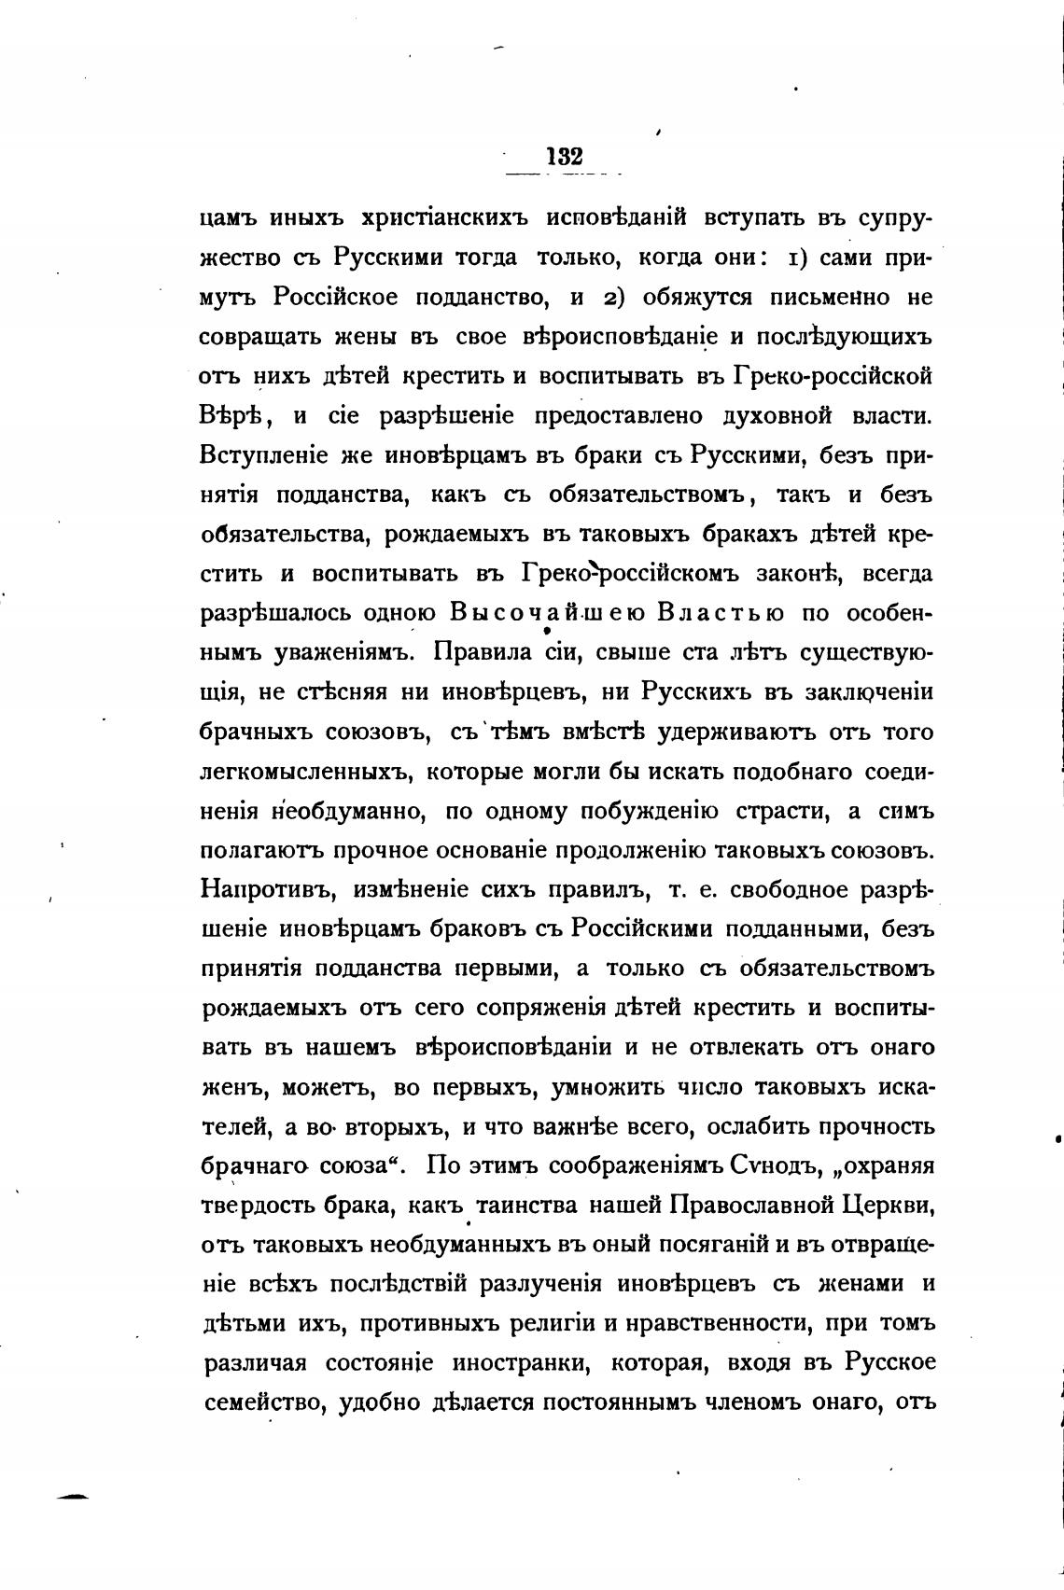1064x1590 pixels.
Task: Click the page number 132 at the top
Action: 565,156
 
